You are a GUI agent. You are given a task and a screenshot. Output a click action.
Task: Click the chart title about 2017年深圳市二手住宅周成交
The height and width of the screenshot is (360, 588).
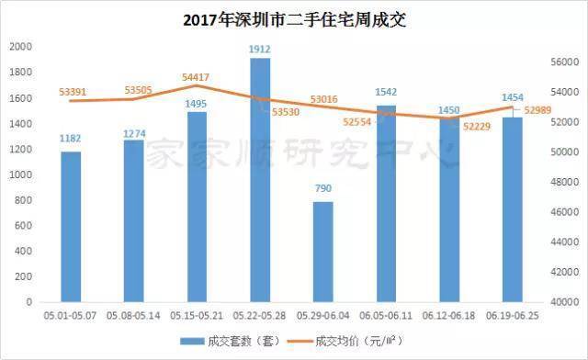click(x=294, y=19)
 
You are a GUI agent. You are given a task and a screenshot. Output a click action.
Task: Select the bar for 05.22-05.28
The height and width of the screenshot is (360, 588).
click(x=260, y=180)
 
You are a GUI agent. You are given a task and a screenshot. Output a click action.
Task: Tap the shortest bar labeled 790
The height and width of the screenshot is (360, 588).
click(x=322, y=252)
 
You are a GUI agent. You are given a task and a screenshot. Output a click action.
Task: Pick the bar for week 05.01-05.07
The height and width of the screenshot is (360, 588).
click(x=71, y=227)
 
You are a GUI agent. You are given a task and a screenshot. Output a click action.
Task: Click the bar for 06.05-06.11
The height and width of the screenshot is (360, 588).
click(x=386, y=204)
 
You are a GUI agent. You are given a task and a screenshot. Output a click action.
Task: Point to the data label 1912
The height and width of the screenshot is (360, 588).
click(x=260, y=49)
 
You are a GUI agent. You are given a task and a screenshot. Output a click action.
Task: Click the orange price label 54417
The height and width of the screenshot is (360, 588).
click(x=196, y=77)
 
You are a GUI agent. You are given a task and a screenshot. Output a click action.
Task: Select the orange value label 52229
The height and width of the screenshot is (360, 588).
click(x=477, y=127)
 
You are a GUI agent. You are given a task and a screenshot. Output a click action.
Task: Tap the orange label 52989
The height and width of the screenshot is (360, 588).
click(x=537, y=110)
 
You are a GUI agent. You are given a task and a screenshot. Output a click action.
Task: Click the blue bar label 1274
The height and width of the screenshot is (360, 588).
click(x=134, y=133)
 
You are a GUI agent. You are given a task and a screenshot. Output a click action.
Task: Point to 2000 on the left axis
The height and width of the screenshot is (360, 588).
click(x=21, y=47)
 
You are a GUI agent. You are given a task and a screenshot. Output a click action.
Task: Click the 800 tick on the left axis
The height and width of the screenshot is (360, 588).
click(x=24, y=200)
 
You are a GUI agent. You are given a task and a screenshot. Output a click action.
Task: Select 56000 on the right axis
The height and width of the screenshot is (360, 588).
click(x=565, y=62)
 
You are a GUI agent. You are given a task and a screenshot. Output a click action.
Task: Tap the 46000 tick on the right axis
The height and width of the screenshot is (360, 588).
click(x=565, y=212)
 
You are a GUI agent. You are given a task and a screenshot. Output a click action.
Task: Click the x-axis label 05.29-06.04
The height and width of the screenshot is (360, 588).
click(x=322, y=316)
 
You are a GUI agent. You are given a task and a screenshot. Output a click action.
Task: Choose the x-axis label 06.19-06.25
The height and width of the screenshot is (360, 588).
click(x=513, y=316)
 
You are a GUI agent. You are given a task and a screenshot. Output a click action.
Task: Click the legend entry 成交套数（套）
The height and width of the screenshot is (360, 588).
click(x=231, y=341)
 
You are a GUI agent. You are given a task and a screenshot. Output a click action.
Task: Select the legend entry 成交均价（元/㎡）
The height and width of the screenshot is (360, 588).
click(x=345, y=341)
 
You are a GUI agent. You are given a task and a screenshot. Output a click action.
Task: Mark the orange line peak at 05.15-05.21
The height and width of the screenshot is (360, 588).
click(x=196, y=85)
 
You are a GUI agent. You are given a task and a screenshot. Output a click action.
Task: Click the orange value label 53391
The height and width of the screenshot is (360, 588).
click(x=73, y=92)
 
